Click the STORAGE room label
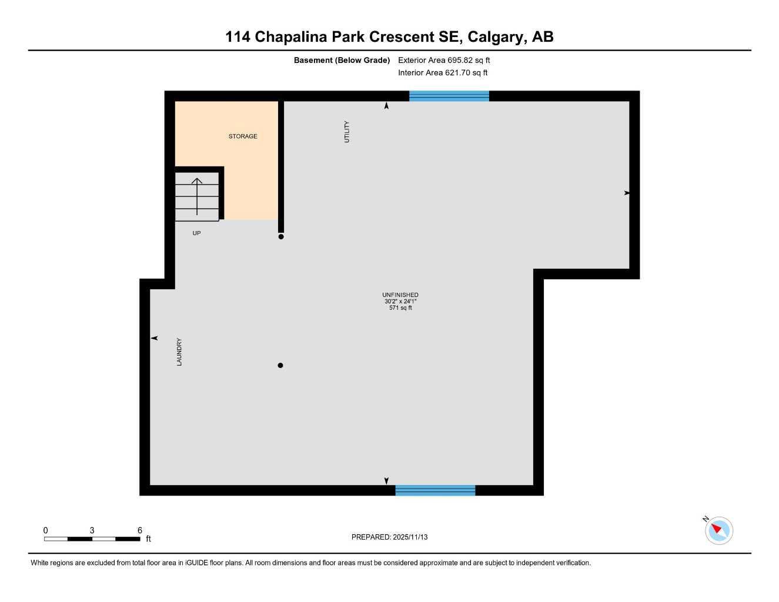tap(243, 136)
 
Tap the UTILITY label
tap(347, 132)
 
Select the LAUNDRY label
tap(179, 352)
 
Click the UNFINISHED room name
tap(400, 295)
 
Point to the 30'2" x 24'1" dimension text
tap(400, 302)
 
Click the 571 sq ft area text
tap(400, 308)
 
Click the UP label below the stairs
tap(196, 233)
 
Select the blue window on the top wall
tap(449, 96)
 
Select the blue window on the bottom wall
tap(435, 490)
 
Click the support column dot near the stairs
tap(281, 237)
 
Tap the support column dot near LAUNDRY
tap(280, 366)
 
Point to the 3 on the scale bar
tap(92, 530)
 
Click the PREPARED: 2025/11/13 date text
tap(389, 537)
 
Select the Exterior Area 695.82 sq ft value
tap(444, 60)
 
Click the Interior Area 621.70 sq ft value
tap(443, 73)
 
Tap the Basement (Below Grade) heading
tap(342, 60)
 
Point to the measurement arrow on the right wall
tap(627, 193)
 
